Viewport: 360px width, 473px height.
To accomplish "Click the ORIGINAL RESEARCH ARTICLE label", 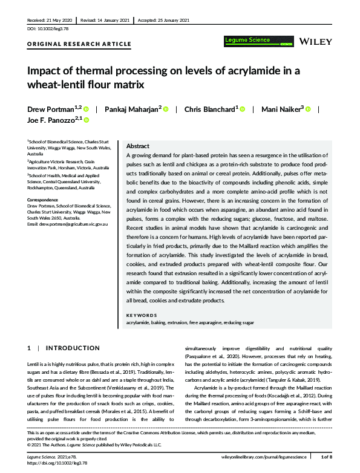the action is coord(79,44).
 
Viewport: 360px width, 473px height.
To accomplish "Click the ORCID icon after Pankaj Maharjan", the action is coord(165,109).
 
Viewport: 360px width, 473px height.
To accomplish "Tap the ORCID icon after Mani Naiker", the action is coord(308,109).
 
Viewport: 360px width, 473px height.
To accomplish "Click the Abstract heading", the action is coord(137,146).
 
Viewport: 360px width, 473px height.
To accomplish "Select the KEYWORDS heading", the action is coord(142,315).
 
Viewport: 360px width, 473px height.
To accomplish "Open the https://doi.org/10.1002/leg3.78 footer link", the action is coord(58,463).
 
